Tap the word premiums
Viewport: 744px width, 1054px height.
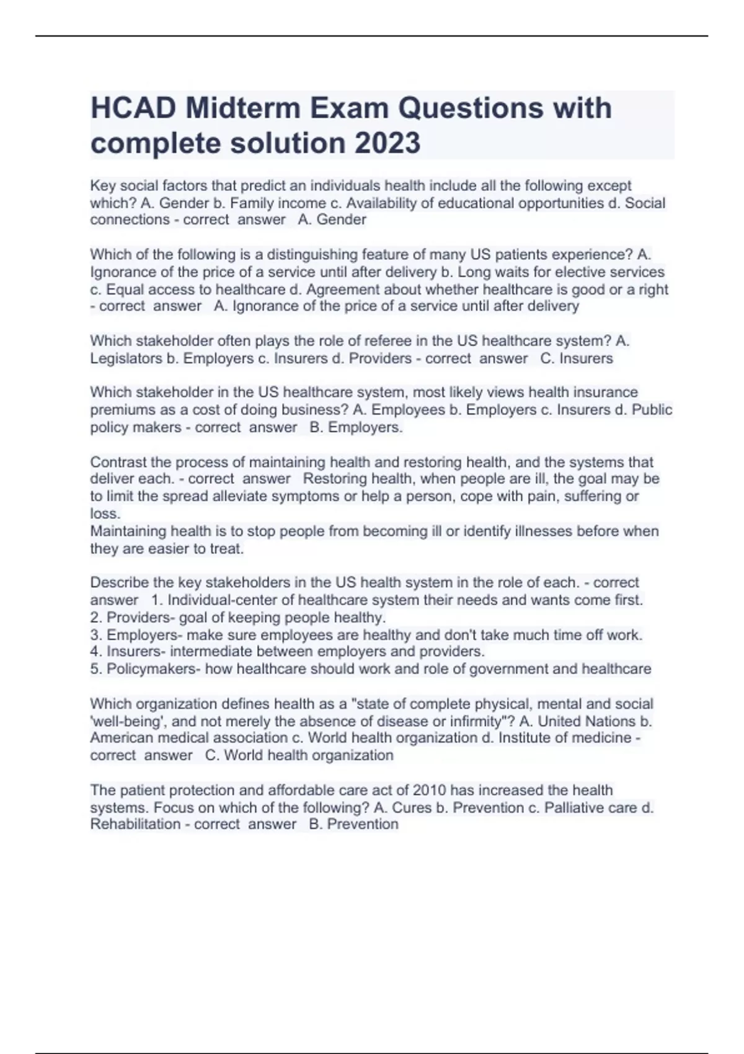(x=120, y=410)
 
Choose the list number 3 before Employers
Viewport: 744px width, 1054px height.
(x=95, y=635)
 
